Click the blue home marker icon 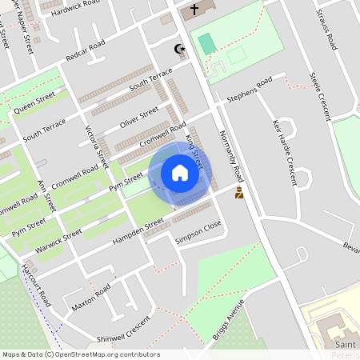[x=180, y=173]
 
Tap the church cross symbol [x=193, y=10]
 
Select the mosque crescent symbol [x=180, y=50]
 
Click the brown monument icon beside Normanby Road [x=238, y=194]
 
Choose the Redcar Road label [x=86, y=53]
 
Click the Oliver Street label [x=140, y=116]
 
